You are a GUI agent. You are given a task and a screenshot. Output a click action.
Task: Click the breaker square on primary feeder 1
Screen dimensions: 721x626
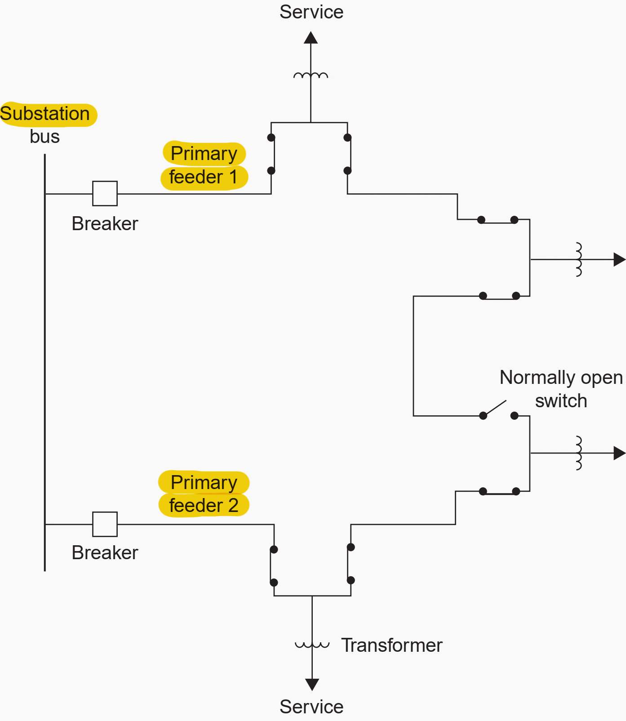105,193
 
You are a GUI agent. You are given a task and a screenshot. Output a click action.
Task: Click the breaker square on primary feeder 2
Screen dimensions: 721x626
105,524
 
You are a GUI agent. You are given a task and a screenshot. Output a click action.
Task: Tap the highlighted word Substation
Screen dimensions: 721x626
45,114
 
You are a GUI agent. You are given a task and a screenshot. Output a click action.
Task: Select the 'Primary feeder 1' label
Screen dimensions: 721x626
204,165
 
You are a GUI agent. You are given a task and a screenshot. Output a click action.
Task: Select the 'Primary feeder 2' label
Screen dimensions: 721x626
204,494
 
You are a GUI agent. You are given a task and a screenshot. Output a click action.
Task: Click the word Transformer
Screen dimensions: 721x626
391,645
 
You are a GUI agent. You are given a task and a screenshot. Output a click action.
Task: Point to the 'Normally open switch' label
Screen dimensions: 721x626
561,389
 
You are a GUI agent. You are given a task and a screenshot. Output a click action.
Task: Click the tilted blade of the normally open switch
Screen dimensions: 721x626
495,408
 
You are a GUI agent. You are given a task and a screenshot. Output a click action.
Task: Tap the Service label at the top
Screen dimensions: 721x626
311,12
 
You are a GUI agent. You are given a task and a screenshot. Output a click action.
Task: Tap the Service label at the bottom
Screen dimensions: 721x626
311,707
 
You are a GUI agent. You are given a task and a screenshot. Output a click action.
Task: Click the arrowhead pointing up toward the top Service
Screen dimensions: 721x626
311,38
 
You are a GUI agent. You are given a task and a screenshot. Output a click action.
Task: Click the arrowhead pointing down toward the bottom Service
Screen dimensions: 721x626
312,684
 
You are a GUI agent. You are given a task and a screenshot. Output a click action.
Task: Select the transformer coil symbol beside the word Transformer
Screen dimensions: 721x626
312,645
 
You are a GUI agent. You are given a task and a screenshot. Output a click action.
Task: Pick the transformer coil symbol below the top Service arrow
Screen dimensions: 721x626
311,76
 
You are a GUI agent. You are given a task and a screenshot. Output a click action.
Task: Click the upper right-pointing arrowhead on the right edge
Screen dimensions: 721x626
619,259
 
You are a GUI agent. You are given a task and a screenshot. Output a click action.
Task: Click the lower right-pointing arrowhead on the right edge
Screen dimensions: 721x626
619,453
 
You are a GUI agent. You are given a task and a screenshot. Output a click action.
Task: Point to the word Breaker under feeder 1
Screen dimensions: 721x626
105,224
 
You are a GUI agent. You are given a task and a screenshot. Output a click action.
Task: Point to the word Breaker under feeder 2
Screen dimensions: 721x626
105,553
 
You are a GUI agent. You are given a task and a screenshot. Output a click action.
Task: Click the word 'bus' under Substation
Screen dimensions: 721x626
44,137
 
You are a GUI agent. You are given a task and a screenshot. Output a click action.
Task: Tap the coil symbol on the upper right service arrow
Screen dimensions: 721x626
579,259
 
